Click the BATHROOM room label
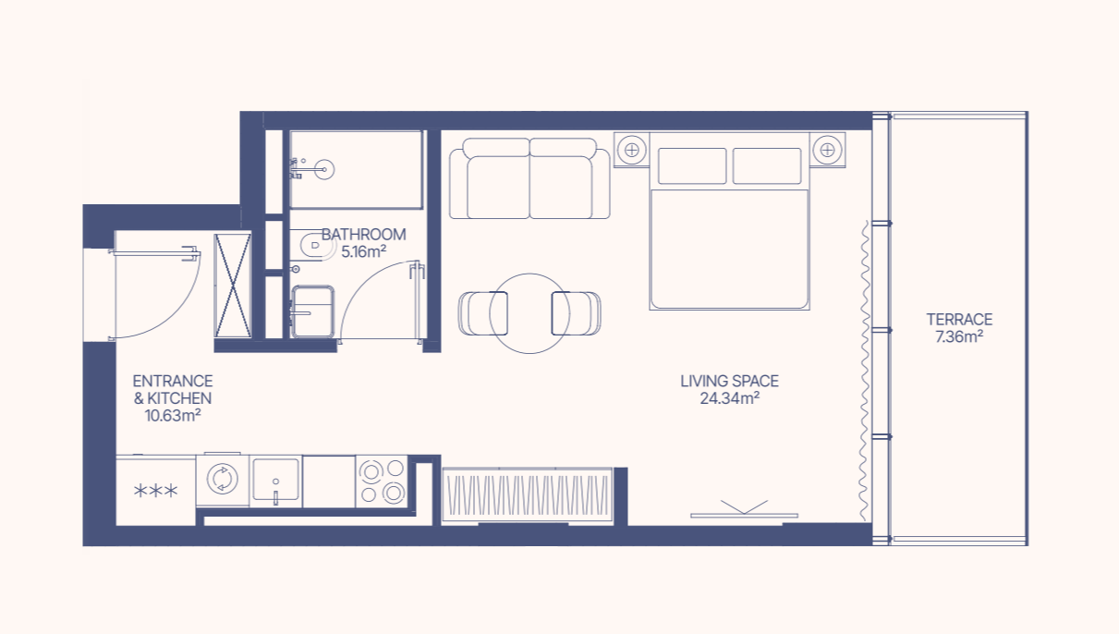(364, 235)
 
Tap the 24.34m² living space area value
(729, 398)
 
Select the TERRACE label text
(959, 319)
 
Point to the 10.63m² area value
(173, 416)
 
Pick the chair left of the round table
(482, 313)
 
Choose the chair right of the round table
(576, 313)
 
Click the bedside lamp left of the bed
(632, 150)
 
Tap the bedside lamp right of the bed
(827, 150)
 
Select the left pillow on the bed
(692, 165)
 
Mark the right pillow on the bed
(767, 165)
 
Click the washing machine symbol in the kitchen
(223, 479)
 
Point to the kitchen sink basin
(275, 480)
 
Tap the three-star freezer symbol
(155, 491)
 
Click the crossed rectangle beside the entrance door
(233, 286)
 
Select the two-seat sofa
(529, 178)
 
